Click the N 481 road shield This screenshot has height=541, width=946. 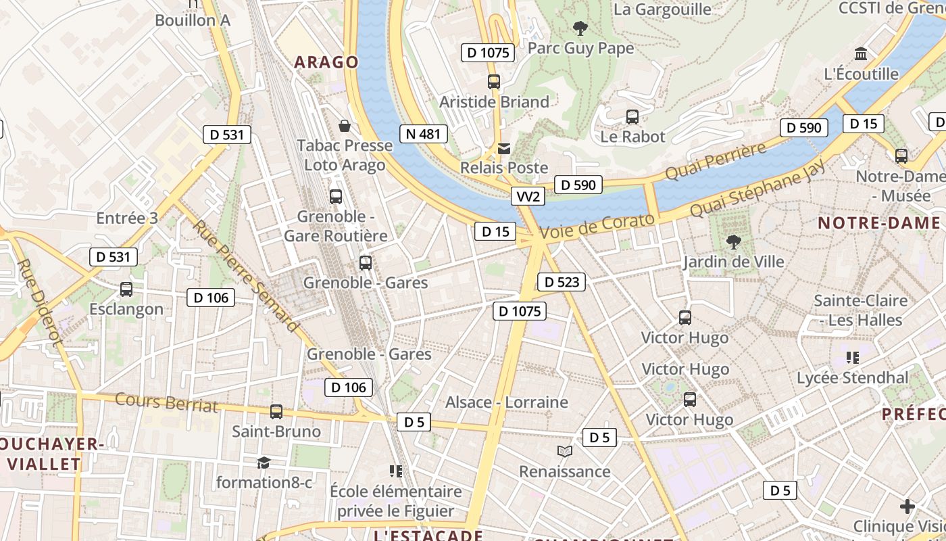(424, 134)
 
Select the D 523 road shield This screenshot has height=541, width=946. (561, 282)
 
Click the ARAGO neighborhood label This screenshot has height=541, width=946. (326, 62)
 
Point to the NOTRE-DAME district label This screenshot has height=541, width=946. (879, 223)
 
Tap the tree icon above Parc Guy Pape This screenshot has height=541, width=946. (580, 28)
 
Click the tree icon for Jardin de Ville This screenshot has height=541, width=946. (733, 241)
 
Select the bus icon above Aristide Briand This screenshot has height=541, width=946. (494, 82)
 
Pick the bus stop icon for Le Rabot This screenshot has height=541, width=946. (632, 116)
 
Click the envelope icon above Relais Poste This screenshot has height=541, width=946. (504, 148)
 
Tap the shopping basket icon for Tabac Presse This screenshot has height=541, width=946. (345, 126)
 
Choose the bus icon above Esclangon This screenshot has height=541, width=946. (126, 289)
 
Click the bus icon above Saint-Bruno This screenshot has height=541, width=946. (276, 411)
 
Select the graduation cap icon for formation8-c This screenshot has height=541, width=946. (264, 463)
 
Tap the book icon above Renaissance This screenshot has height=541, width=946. (564, 451)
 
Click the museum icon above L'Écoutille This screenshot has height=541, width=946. (861, 53)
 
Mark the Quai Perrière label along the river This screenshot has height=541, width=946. (716, 161)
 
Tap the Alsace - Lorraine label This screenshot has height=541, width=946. (507, 402)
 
